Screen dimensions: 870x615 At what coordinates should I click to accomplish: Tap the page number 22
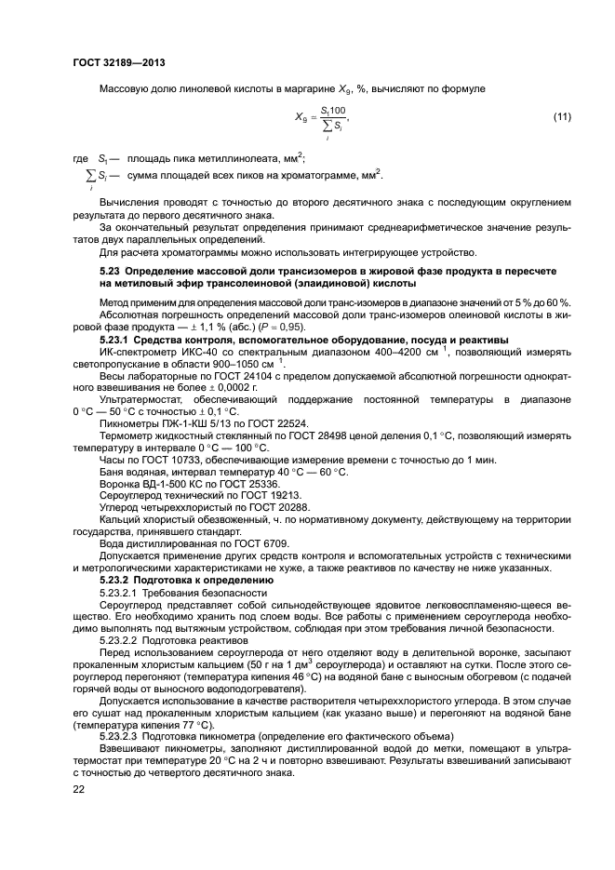click(79, 789)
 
